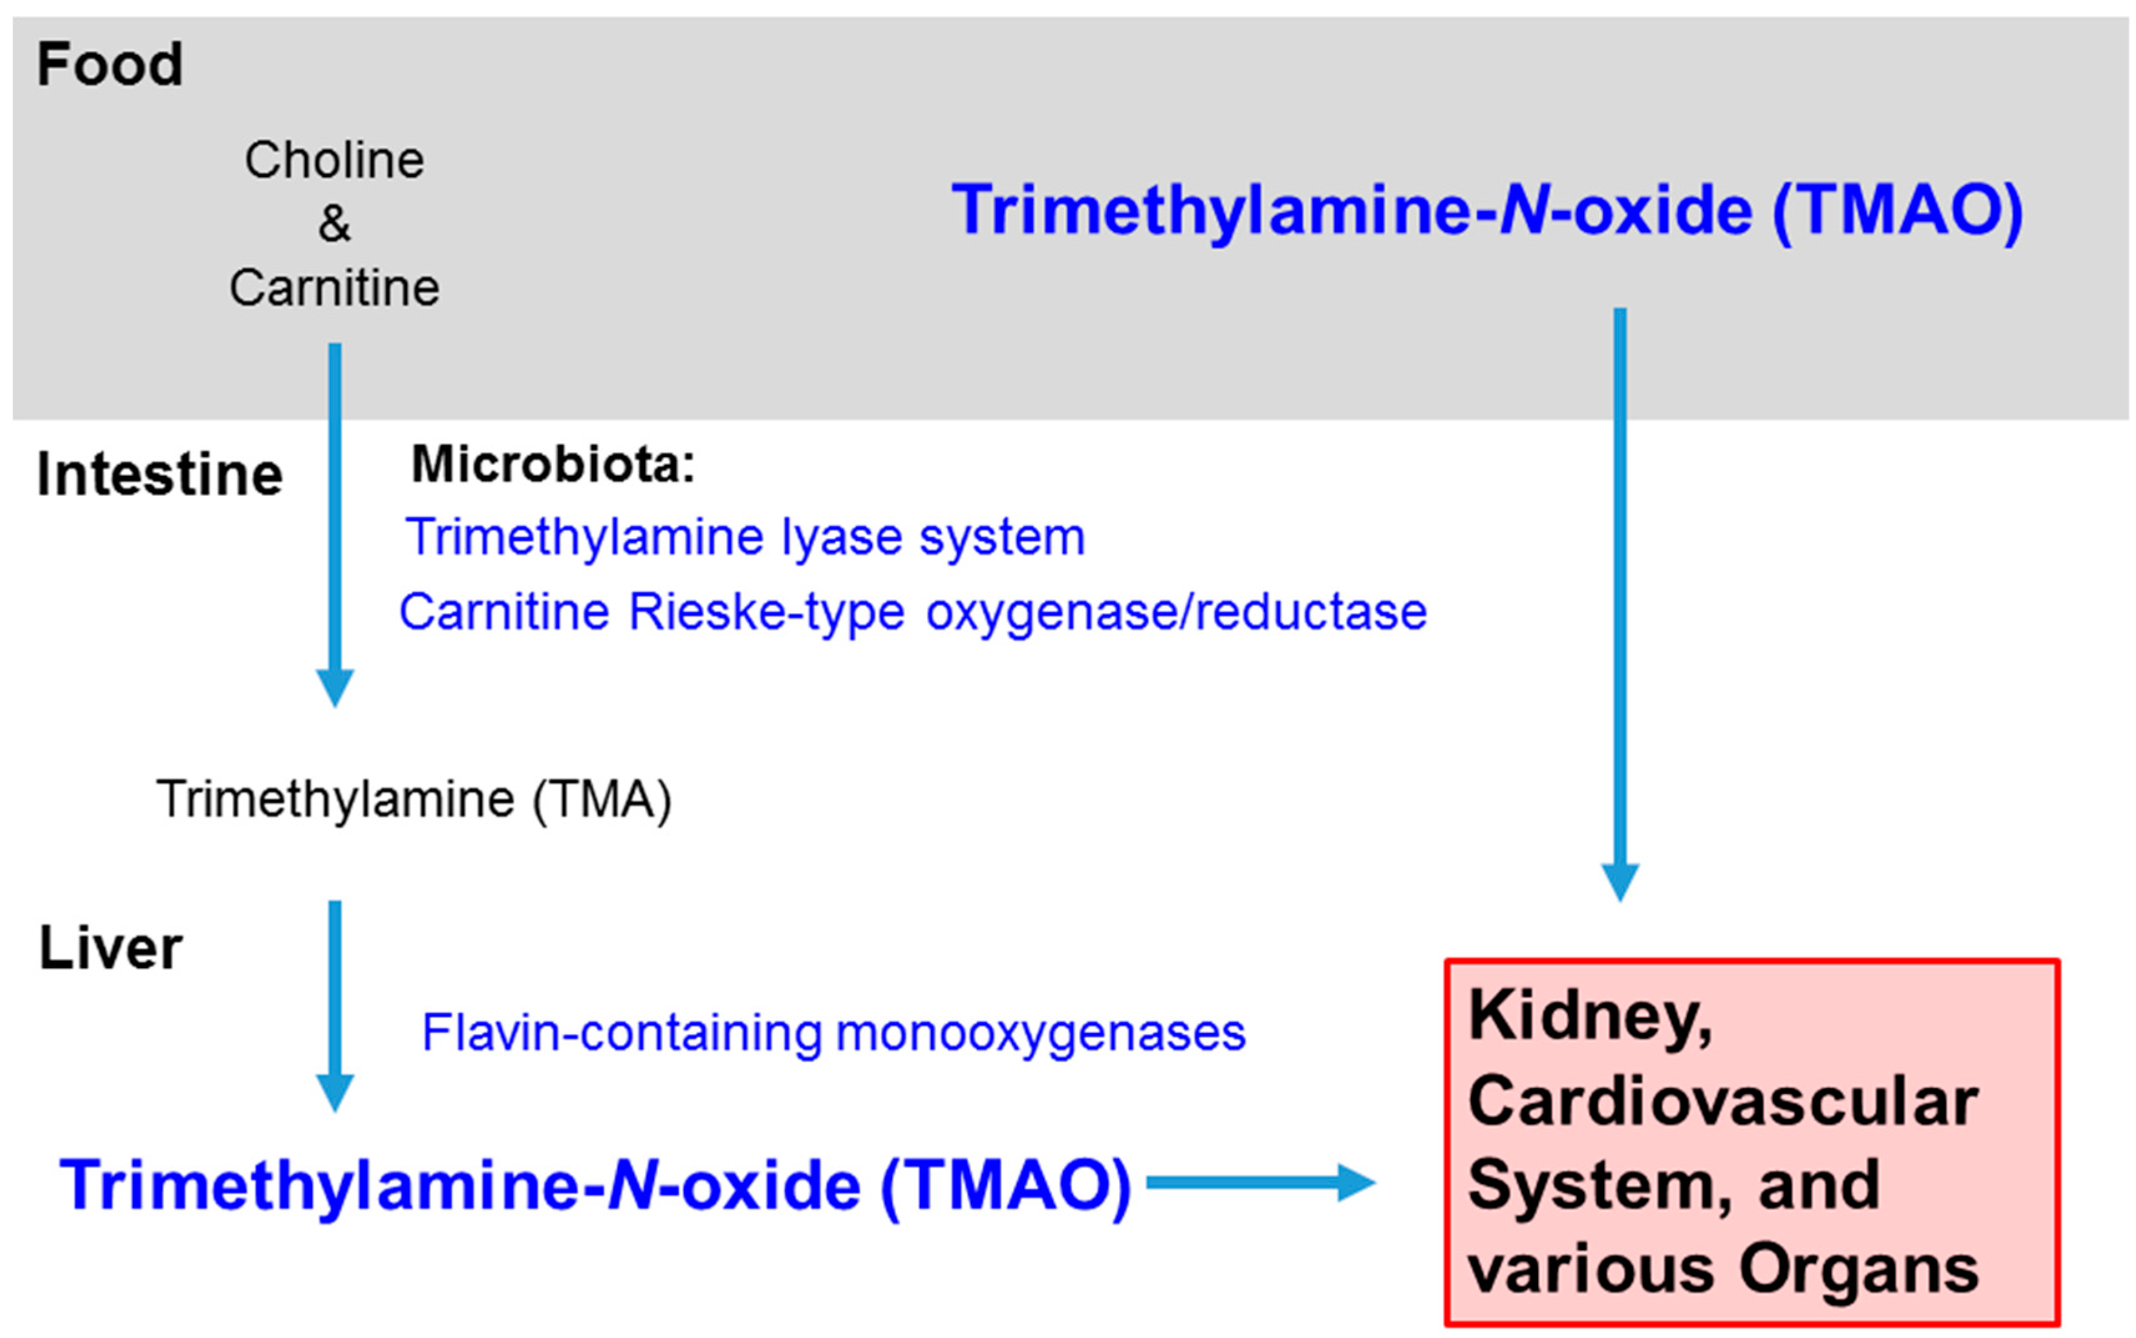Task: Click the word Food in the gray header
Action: (110, 65)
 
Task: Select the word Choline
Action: (334, 160)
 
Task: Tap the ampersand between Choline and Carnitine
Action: (334, 223)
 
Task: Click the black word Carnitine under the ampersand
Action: (334, 288)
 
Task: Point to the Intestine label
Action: (159, 475)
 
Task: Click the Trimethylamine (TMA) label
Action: (413, 799)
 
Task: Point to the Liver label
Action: (110, 949)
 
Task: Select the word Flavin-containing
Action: (622, 1033)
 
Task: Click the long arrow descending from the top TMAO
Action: (1620, 602)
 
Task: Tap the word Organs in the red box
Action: (1857, 1270)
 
